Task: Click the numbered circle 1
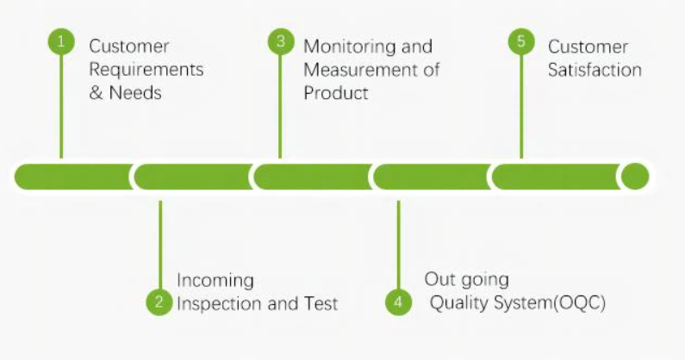pyautogui.click(x=61, y=42)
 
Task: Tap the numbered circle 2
pyautogui.click(x=159, y=301)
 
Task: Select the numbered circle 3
pyautogui.click(x=280, y=42)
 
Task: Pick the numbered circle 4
pyautogui.click(x=398, y=301)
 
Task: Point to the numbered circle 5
pyautogui.click(x=521, y=42)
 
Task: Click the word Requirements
pyautogui.click(x=146, y=70)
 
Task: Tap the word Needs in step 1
pyautogui.click(x=135, y=92)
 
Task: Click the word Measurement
pyautogui.click(x=356, y=70)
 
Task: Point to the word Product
pyautogui.click(x=336, y=92)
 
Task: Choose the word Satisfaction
pyautogui.click(x=595, y=70)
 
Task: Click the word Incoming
pyautogui.click(x=215, y=280)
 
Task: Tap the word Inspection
pyautogui.click(x=217, y=303)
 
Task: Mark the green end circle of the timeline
pyautogui.click(x=635, y=177)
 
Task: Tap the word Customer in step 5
pyautogui.click(x=588, y=47)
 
